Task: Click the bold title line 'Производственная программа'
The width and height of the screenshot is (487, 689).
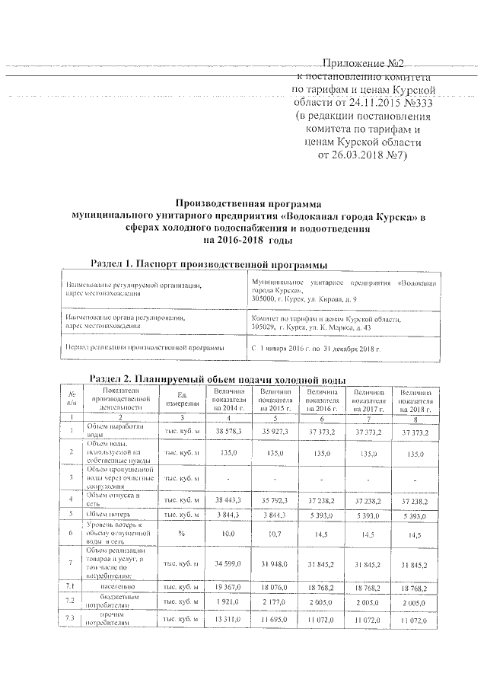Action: [248, 203]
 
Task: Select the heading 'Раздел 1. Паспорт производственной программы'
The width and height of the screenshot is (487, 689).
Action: [208, 264]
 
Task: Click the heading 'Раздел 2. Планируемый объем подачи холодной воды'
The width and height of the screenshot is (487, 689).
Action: [218, 378]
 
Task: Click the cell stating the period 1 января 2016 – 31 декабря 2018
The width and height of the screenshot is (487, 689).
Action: [315, 348]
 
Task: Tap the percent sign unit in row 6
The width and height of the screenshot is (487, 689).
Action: [182, 534]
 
